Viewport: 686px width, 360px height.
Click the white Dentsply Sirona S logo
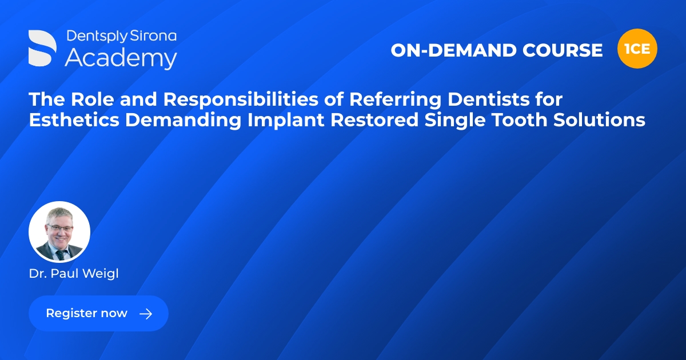43,48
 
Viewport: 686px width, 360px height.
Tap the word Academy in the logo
121,58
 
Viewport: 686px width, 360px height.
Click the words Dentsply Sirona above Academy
121,36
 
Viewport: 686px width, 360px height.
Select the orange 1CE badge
637,49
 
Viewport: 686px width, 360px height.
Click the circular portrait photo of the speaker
59,232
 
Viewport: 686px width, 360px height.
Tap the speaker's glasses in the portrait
60,227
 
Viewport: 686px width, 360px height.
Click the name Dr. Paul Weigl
74,274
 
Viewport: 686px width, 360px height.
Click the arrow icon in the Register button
146,314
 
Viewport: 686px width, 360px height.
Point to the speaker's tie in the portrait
60,254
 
